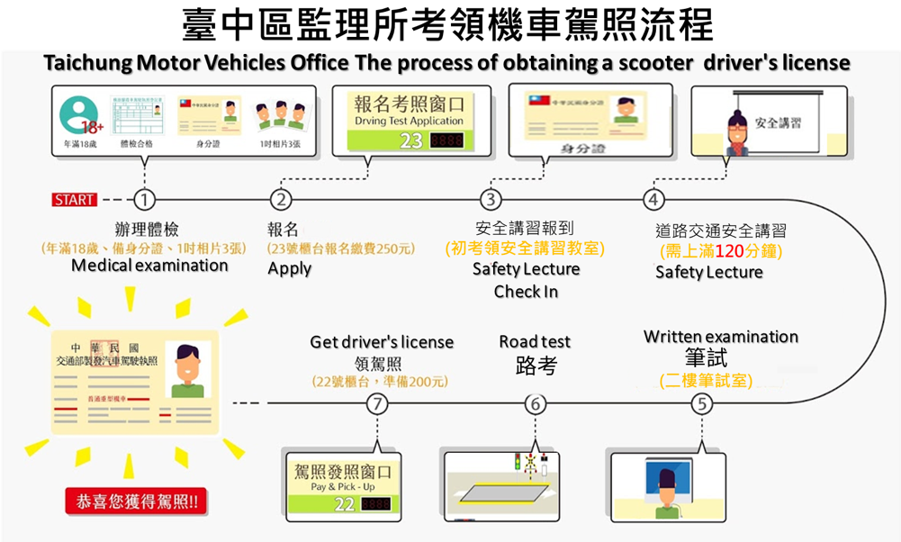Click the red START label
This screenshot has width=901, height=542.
pyautogui.click(x=75, y=199)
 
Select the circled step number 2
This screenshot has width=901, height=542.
pyautogui.click(x=282, y=199)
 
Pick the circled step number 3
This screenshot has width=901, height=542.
pyautogui.click(x=490, y=199)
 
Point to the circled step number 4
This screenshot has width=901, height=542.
pyautogui.click(x=654, y=199)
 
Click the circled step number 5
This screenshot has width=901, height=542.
pyautogui.click(x=701, y=404)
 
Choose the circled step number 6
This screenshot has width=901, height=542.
pyautogui.click(x=536, y=404)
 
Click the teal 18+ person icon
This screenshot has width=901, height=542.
pyautogui.click(x=78, y=114)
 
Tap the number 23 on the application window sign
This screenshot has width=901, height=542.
pyautogui.click(x=410, y=140)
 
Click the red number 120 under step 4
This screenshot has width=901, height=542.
pyautogui.click(x=715, y=251)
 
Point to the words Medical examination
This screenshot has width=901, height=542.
pyautogui.click(x=149, y=266)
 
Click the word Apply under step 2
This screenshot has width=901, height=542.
pyautogui.click(x=290, y=268)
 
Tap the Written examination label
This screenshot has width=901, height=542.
pyautogui.click(x=720, y=337)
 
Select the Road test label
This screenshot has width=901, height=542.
pyautogui.click(x=535, y=342)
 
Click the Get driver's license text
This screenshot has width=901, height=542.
pyautogui.click(x=382, y=342)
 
